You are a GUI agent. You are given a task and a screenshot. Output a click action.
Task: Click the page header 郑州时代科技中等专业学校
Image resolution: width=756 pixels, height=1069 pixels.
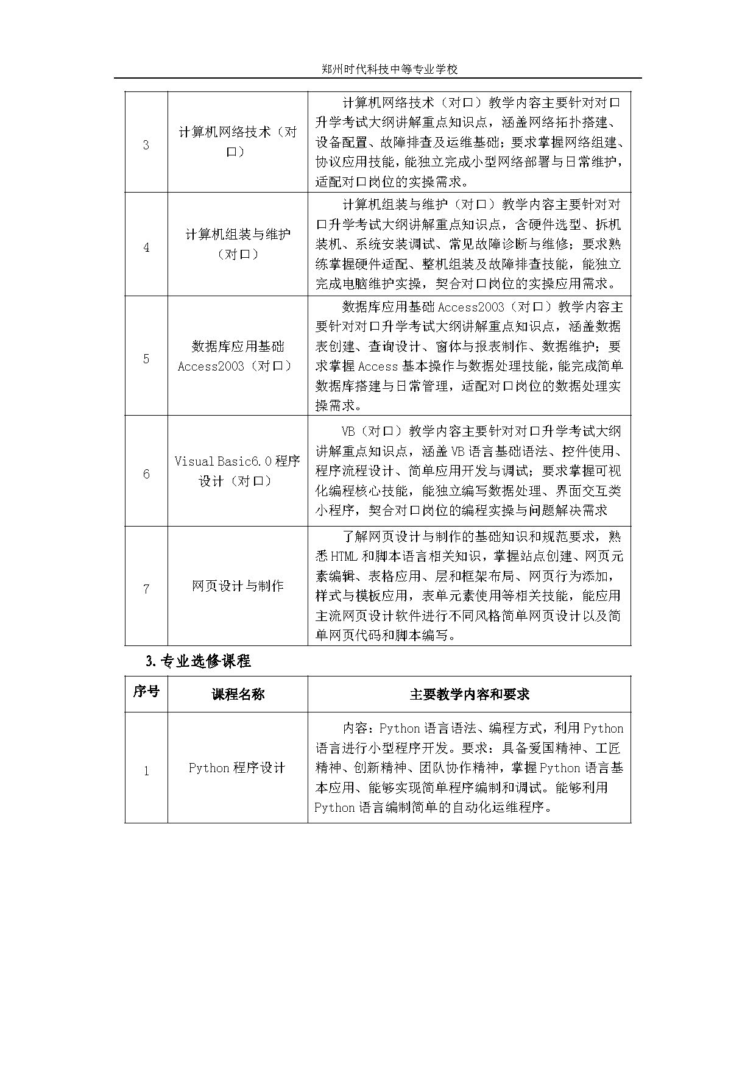[x=389, y=69]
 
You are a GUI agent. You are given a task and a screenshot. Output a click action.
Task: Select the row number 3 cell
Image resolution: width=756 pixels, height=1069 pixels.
[x=146, y=145]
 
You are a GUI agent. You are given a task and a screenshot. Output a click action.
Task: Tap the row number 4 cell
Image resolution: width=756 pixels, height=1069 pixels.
[x=146, y=247]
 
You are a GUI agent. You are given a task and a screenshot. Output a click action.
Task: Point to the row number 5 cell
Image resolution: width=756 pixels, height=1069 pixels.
[x=146, y=358]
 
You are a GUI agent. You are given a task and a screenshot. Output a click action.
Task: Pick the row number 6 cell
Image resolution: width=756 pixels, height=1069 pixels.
[x=146, y=474]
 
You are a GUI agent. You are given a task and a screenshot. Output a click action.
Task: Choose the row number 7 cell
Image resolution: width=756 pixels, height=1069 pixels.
[x=146, y=589]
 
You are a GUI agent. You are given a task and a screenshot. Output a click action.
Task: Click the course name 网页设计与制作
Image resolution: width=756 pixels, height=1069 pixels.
[x=238, y=586]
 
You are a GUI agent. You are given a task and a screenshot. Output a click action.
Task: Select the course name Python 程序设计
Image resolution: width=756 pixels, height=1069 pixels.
[x=237, y=768]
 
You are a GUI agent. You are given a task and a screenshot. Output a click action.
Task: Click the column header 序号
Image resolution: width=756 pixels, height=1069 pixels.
[x=146, y=692]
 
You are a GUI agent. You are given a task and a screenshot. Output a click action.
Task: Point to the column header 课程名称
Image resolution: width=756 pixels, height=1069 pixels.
[x=238, y=694]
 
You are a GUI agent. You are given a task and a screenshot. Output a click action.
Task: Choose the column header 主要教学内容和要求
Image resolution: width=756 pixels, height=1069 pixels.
[x=469, y=694]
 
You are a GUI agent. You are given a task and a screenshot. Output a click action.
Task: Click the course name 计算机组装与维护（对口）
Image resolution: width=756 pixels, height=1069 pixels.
[x=238, y=244]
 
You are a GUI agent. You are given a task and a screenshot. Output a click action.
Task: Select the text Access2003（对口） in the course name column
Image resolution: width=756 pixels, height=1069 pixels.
[x=235, y=366]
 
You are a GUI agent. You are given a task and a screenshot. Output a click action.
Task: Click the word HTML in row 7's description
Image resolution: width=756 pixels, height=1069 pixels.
[x=345, y=556]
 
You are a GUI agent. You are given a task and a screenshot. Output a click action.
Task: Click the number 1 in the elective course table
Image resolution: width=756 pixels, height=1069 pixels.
[x=146, y=771]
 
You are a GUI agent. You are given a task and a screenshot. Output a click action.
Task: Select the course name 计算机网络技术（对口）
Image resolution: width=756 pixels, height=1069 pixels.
[x=238, y=141]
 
